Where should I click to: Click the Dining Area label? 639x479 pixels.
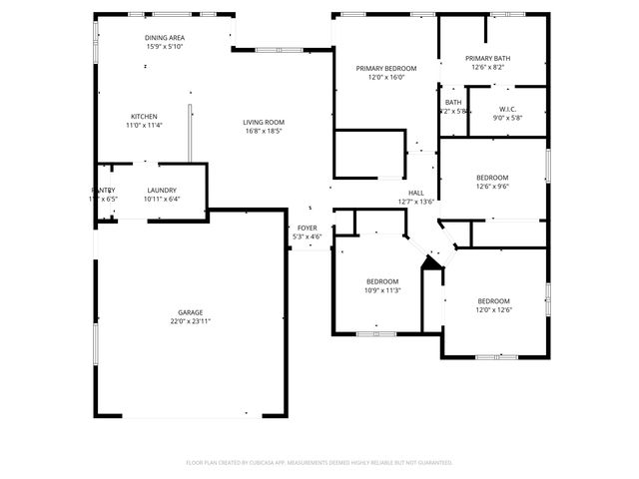[165, 38]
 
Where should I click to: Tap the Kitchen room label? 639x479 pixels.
[144, 116]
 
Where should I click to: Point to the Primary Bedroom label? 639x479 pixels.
[386, 68]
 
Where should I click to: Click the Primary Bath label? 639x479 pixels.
[487, 59]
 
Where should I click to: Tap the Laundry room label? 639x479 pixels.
[162, 190]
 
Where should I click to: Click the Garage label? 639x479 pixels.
[190, 312]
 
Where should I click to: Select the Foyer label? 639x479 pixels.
[308, 228]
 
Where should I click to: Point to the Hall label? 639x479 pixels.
[416, 193]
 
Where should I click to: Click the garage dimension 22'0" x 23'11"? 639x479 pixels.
[190, 321]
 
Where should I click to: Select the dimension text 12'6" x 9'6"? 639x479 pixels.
[492, 187]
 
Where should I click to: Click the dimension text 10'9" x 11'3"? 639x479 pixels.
[382, 290]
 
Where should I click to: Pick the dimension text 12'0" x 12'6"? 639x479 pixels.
[493, 310]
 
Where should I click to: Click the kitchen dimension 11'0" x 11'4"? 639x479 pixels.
[144, 125]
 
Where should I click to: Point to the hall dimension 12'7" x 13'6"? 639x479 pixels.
[416, 202]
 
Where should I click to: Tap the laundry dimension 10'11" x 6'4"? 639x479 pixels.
[162, 199]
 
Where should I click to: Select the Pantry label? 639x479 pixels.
[104, 190]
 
